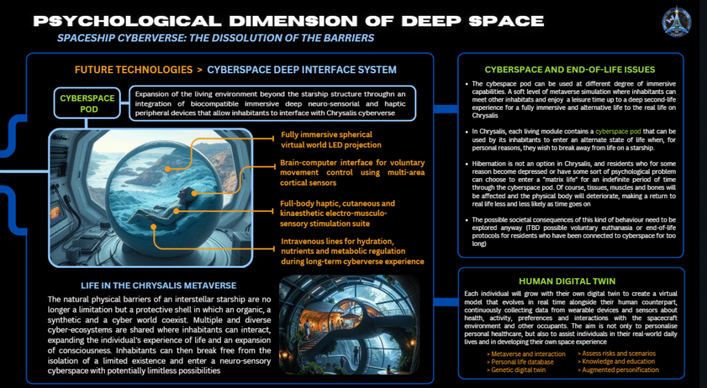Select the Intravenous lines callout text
point(352,251)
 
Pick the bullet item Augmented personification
point(618,370)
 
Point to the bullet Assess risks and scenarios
point(617,353)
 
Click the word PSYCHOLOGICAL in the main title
point(125,19)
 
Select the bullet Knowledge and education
point(617,362)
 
